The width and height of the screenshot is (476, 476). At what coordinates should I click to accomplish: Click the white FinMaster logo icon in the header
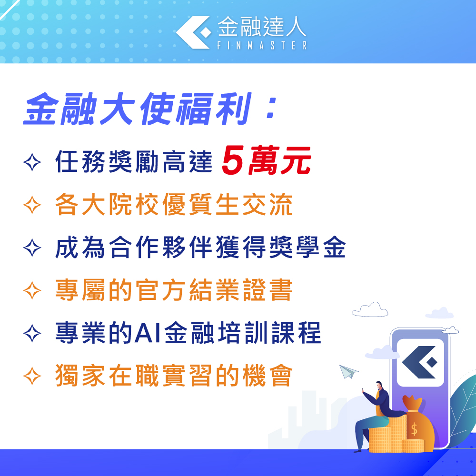(193, 32)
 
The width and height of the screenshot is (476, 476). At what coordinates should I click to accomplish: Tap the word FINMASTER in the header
(262, 46)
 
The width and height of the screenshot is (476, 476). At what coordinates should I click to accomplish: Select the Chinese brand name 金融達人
(262, 27)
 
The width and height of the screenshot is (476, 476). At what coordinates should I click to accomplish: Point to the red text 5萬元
(267, 160)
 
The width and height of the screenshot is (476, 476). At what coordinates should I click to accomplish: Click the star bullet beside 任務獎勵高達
(32, 162)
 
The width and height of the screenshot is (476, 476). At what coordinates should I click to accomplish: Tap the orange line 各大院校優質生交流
(174, 205)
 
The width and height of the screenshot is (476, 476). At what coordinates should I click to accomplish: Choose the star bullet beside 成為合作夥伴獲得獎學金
(32, 248)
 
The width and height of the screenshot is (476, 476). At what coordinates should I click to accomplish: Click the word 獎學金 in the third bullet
(307, 248)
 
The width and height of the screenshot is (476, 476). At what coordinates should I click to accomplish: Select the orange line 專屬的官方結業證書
(174, 290)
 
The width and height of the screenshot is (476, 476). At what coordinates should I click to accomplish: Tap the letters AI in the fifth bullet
(147, 333)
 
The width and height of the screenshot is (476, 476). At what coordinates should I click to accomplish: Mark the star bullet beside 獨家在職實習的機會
(32, 376)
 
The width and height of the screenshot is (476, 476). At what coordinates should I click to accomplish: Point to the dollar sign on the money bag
(414, 429)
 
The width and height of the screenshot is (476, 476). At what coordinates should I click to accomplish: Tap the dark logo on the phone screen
(419, 362)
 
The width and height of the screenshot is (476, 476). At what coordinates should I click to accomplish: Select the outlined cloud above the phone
(370, 310)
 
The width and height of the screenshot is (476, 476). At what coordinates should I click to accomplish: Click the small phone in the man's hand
(363, 390)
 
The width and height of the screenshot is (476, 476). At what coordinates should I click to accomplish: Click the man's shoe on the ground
(358, 451)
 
